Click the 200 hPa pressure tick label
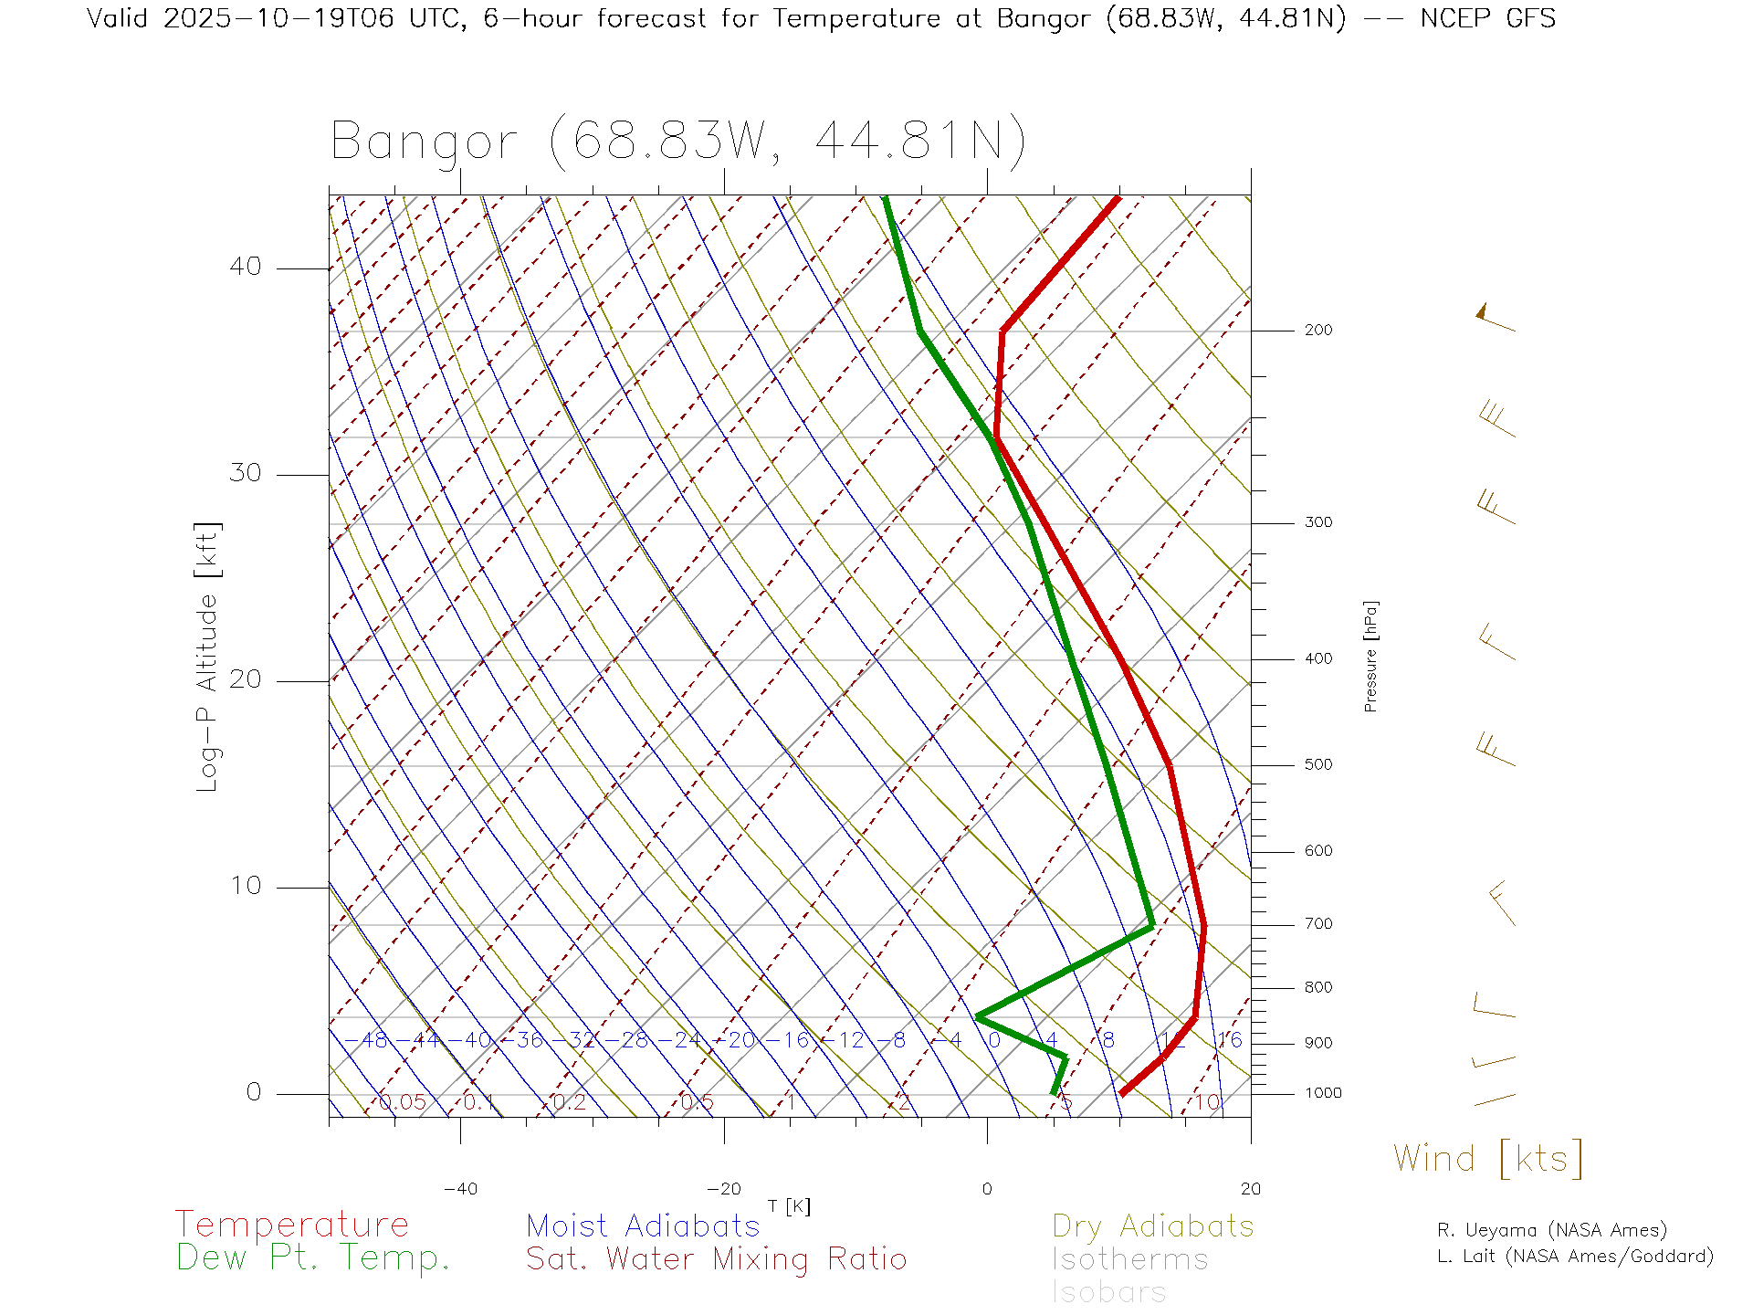click(1317, 331)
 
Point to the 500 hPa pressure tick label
click(1317, 765)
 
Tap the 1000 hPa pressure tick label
click(1323, 1093)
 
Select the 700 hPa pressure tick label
click(1317, 924)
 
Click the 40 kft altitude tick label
click(245, 267)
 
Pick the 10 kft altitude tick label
click(245, 886)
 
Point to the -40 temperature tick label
click(460, 1189)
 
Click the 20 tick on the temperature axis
click(1250, 1189)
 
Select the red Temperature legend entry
click(291, 1225)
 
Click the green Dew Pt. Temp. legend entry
click(313, 1258)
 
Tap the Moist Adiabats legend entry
click(643, 1226)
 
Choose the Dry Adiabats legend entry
click(1152, 1226)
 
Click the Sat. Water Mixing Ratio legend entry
click(716, 1259)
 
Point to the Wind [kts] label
click(1487, 1159)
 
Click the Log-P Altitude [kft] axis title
click(208, 657)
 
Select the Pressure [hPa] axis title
click(1370, 656)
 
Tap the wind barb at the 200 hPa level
click(1495, 318)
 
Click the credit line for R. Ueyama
click(1551, 1230)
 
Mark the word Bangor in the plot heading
click(424, 142)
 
